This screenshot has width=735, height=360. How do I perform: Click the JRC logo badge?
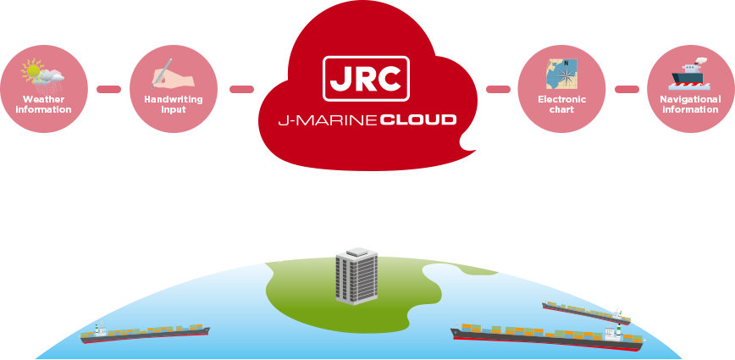click(366, 79)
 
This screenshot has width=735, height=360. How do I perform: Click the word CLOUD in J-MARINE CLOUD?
click(418, 120)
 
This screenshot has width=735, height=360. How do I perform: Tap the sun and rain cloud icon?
click(43, 75)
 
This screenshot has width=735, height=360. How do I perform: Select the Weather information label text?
click(43, 104)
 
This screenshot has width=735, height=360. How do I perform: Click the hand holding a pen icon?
click(173, 75)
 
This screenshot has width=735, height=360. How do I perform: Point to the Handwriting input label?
click(174, 104)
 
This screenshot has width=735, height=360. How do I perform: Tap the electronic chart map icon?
click(561, 75)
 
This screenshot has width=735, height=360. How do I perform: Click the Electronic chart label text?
click(561, 104)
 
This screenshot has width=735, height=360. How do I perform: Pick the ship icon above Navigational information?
click(690, 75)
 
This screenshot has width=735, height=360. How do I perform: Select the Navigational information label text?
click(690, 104)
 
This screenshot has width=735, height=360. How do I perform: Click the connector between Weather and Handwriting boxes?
click(108, 88)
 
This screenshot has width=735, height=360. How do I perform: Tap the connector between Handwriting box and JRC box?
click(241, 88)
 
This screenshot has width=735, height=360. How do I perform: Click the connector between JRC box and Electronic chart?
click(498, 88)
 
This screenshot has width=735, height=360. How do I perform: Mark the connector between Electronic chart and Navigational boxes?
click(627, 88)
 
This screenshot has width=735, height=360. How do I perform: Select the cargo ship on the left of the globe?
click(145, 333)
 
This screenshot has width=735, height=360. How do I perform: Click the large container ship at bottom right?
click(547, 335)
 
